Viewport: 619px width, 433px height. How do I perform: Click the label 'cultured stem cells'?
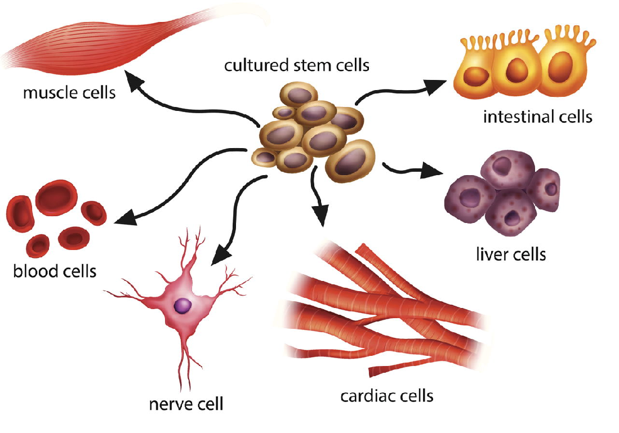(297, 65)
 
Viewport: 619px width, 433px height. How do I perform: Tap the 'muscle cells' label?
(69, 92)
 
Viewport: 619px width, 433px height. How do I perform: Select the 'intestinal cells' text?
(537, 117)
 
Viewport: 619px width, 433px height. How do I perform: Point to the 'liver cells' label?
(511, 254)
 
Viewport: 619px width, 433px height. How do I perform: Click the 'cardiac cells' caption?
(387, 395)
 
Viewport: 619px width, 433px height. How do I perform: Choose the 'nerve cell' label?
(186, 404)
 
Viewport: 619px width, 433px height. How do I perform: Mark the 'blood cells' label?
(55, 271)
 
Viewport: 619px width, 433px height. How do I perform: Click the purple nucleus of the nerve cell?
(182, 306)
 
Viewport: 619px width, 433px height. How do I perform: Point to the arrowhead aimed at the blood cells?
(123, 218)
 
